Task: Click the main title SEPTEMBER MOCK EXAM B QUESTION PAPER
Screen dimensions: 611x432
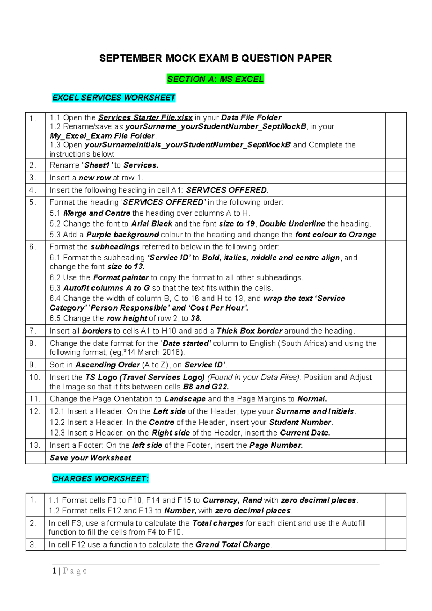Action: (215, 58)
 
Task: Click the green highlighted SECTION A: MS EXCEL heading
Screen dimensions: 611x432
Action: (215, 79)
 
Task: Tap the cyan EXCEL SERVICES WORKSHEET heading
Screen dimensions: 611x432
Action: (114, 98)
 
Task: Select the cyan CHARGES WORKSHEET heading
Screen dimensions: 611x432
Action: (100, 478)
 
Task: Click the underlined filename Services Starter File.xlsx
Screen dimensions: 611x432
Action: (145, 117)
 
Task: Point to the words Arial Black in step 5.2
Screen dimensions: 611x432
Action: (152, 224)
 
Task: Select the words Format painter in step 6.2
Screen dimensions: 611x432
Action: (121, 277)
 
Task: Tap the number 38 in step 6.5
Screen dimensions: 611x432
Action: (195, 318)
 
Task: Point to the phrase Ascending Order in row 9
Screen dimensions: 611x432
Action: (107, 365)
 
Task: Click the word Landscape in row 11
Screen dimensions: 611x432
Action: (185, 399)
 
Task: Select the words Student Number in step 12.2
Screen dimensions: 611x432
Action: (300, 422)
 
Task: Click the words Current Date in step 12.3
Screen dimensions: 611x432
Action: (305, 433)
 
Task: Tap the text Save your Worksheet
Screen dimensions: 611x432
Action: (90, 458)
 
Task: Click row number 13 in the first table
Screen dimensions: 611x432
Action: (35, 445)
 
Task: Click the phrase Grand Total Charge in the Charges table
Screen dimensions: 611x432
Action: (233, 545)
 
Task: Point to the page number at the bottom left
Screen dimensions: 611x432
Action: (54, 571)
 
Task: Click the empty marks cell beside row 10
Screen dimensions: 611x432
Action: (396, 382)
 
